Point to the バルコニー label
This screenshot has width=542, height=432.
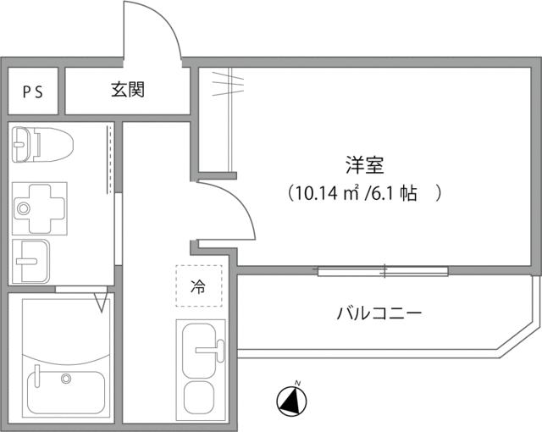(x=379, y=313)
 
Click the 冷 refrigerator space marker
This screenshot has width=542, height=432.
(x=198, y=286)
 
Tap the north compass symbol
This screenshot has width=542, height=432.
(x=292, y=400)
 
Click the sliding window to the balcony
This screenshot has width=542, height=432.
(x=383, y=271)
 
